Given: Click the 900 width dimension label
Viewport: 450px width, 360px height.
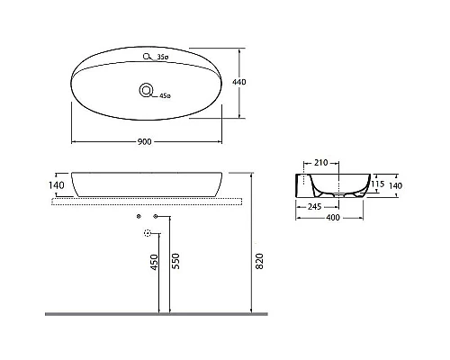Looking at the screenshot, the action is pyautogui.click(x=145, y=141).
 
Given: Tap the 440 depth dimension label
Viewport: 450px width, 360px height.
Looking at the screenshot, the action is pyautogui.click(x=239, y=82).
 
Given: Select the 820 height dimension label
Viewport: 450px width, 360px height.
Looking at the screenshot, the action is pyautogui.click(x=260, y=261).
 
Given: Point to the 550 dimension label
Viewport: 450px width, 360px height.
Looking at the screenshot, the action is pyautogui.click(x=176, y=261).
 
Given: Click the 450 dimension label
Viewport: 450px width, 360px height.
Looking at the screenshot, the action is pyautogui.click(x=154, y=262).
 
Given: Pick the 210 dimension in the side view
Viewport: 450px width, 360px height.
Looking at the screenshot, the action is pyautogui.click(x=320, y=163).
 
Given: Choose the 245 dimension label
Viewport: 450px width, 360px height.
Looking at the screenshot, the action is pyautogui.click(x=314, y=207).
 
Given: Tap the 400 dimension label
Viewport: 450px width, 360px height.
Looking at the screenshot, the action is pyautogui.click(x=333, y=218).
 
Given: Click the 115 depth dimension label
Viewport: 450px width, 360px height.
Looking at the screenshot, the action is pyautogui.click(x=377, y=184).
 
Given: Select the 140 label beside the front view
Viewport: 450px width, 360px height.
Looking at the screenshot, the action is pyautogui.click(x=57, y=185).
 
